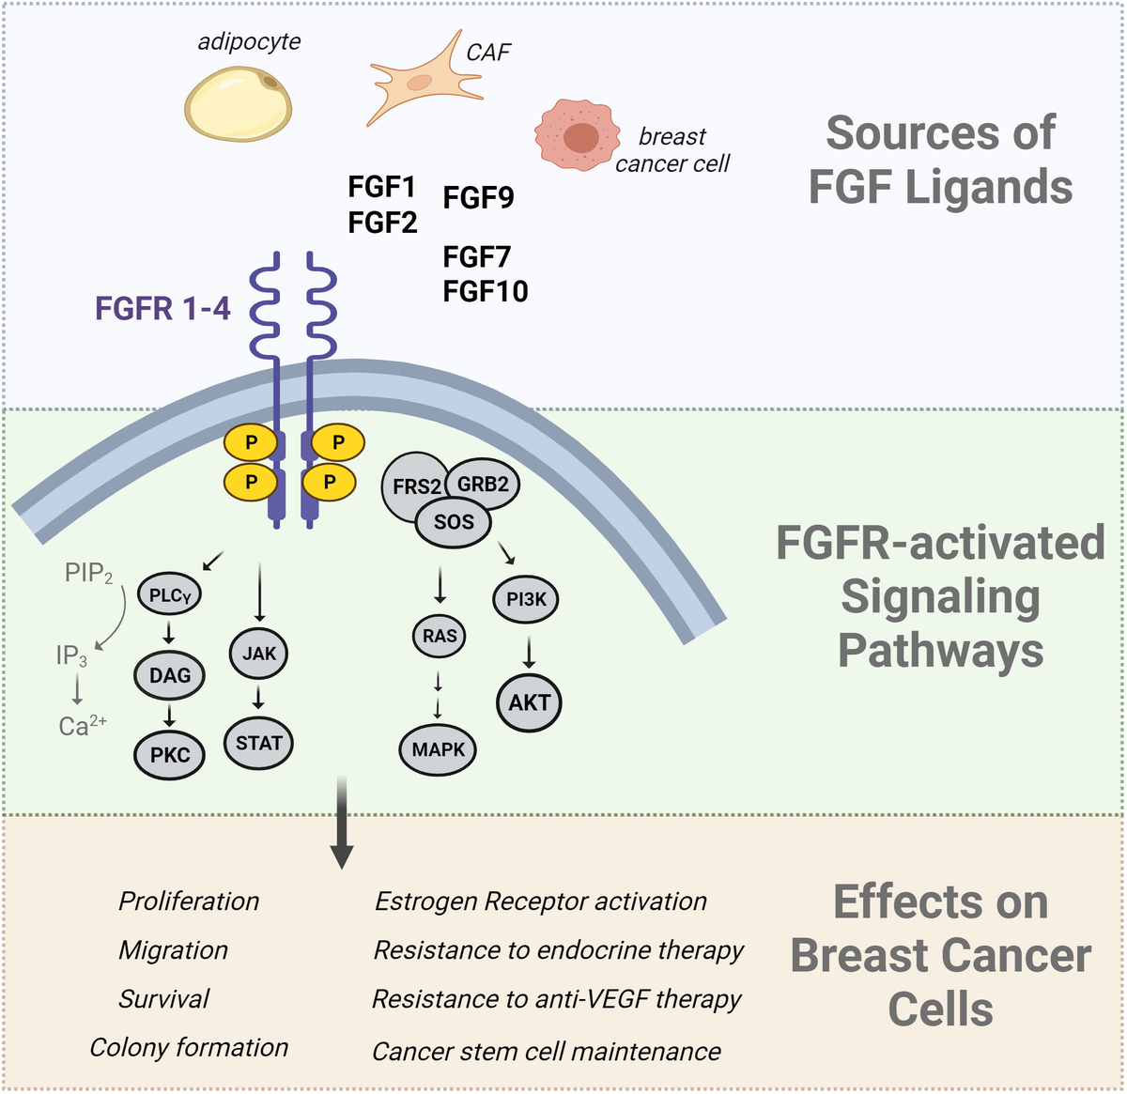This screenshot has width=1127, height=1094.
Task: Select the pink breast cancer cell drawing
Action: click(579, 137)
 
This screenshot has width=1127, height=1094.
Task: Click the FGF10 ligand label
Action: click(485, 291)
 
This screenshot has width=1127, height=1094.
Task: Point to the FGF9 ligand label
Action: click(478, 198)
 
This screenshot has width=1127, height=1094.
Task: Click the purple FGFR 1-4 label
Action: click(162, 308)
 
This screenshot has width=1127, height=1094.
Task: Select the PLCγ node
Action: click(170, 594)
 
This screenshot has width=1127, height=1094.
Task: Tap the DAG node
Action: click(170, 675)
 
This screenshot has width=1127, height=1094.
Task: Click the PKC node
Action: click(170, 754)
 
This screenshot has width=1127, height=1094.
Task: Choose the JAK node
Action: click(259, 653)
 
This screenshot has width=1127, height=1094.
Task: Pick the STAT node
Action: click(259, 743)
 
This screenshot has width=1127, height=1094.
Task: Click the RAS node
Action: click(440, 636)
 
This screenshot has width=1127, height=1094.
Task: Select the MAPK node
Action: click(439, 749)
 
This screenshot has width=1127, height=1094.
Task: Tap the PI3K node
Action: click(526, 599)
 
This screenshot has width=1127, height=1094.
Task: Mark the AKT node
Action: click(530, 702)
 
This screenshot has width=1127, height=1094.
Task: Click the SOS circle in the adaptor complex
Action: click(454, 521)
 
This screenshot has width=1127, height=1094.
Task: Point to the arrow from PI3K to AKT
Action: click(529, 652)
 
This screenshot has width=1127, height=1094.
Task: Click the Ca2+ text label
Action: click(83, 726)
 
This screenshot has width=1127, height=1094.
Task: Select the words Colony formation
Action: click(189, 1048)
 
